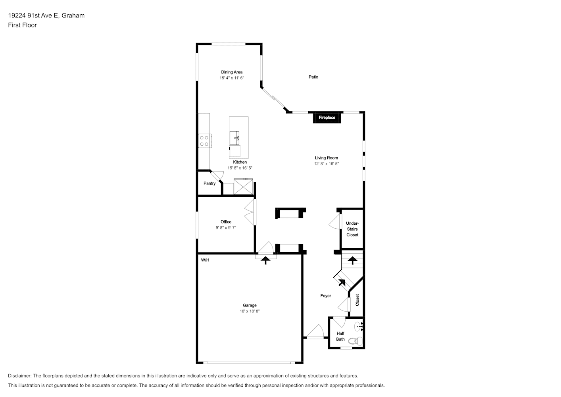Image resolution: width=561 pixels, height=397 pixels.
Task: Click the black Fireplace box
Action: (x=327, y=117)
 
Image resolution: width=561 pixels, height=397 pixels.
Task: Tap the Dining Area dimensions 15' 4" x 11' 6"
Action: (x=232, y=78)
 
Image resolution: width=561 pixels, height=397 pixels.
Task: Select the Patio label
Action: (x=313, y=77)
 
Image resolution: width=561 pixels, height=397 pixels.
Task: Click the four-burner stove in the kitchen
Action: (x=205, y=141)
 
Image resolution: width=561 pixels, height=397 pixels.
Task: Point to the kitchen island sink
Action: (x=234, y=138)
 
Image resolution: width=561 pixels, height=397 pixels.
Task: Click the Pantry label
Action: (x=209, y=183)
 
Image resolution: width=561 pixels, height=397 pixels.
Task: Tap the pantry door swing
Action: (x=217, y=176)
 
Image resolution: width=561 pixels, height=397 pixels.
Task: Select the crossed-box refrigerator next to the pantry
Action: (x=243, y=186)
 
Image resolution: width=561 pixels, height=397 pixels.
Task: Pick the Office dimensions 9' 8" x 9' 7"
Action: (x=226, y=228)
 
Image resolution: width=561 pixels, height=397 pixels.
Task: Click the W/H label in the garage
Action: (x=205, y=260)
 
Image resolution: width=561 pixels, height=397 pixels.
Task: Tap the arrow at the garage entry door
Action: (x=265, y=260)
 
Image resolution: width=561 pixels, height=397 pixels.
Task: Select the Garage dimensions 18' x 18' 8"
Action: (x=250, y=311)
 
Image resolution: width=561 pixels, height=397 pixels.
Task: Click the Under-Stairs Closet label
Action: (x=352, y=229)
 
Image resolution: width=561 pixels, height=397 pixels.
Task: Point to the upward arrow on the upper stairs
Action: (x=353, y=260)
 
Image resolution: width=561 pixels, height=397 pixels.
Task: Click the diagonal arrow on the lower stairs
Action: (x=342, y=282)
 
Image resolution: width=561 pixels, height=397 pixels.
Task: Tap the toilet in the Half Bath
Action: (x=355, y=341)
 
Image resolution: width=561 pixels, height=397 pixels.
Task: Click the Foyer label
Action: (x=326, y=296)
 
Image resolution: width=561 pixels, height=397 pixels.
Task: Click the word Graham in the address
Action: (x=73, y=15)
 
